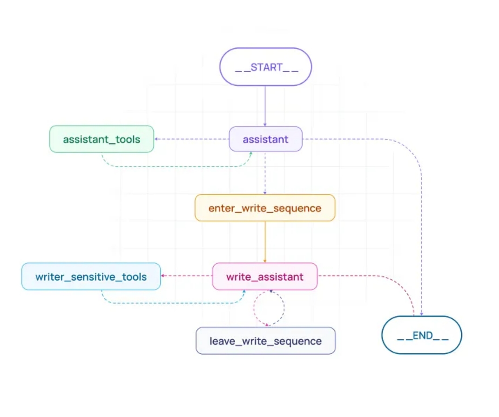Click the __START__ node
(x=265, y=67)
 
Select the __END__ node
(x=421, y=335)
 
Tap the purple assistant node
(x=265, y=139)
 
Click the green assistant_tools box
(x=101, y=139)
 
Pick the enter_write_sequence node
(x=264, y=208)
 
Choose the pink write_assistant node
(x=264, y=277)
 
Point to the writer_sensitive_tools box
(x=91, y=277)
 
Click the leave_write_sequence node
(x=265, y=341)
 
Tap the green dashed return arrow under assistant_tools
(x=177, y=166)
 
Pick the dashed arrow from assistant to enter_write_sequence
(x=265, y=172)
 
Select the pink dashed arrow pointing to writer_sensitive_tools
(x=187, y=276)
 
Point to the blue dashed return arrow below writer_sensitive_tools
(x=172, y=303)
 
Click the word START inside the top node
(x=266, y=67)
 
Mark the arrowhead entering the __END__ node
(x=422, y=314)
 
